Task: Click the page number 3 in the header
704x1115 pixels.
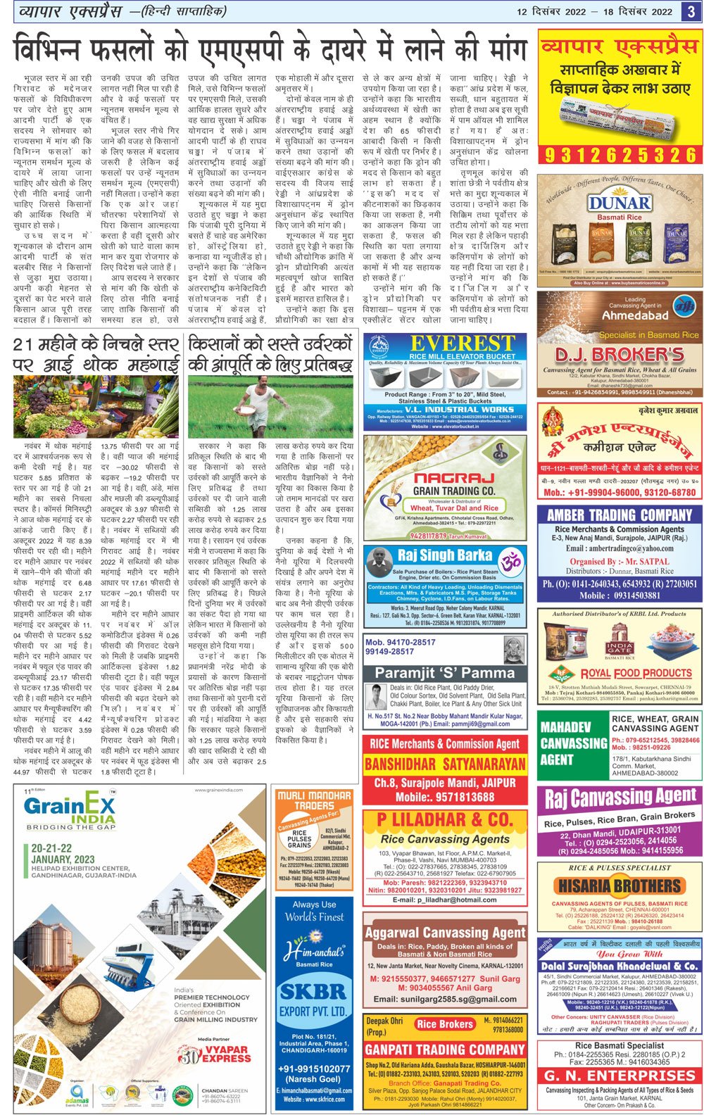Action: pyautogui.click(x=691, y=11)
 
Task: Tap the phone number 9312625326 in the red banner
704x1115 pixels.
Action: pyautogui.click(x=620, y=154)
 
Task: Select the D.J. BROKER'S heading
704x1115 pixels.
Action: pyautogui.click(x=620, y=354)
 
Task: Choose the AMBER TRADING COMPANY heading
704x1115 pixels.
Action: pyautogui.click(x=620, y=515)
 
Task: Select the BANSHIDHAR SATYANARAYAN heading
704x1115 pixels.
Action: pyautogui.click(x=445, y=764)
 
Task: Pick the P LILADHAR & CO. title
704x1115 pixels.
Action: pyautogui.click(x=445, y=820)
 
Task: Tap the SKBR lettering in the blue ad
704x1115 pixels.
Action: pyautogui.click(x=314, y=991)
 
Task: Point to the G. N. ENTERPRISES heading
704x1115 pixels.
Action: pyautogui.click(x=620, y=1076)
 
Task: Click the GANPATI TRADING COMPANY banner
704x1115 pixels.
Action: pyautogui.click(x=445, y=1050)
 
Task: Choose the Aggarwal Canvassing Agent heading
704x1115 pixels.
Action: pyautogui.click(x=445, y=932)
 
